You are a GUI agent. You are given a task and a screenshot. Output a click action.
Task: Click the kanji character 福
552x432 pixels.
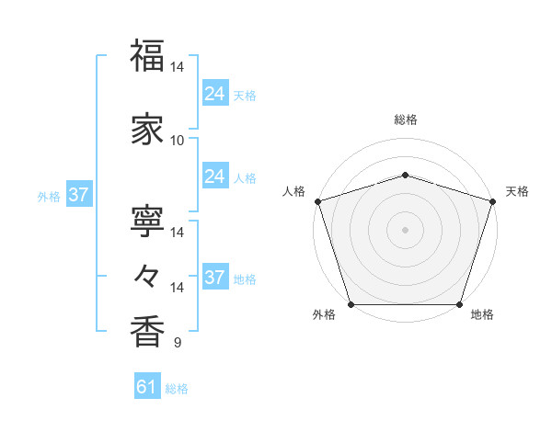(x=147, y=57)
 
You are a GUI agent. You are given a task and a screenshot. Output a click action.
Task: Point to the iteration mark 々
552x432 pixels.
(x=147, y=274)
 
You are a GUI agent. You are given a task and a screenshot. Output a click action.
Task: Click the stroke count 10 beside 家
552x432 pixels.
(x=178, y=140)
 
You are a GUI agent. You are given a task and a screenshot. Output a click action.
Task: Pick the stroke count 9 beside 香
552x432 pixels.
(x=178, y=343)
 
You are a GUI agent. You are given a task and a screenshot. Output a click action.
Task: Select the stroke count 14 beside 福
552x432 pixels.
(x=178, y=67)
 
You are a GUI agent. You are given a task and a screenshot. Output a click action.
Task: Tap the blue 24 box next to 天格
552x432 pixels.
(x=214, y=93)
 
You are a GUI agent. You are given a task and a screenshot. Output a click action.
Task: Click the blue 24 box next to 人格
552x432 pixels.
(x=214, y=176)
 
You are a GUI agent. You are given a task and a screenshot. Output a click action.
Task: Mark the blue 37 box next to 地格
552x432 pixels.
(x=214, y=278)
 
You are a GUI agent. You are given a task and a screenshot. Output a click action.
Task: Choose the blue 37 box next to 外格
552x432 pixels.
(x=78, y=194)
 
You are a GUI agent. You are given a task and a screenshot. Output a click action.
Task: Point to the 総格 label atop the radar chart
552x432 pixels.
(x=405, y=119)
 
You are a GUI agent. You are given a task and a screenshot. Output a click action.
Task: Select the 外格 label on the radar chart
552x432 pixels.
(x=324, y=314)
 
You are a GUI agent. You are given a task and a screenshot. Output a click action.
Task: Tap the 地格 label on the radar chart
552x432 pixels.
(x=482, y=314)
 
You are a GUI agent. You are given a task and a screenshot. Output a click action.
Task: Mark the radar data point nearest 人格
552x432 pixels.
(x=318, y=201)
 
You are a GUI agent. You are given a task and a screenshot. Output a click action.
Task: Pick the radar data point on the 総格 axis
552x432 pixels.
(x=405, y=175)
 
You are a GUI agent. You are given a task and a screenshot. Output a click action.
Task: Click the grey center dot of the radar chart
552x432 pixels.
(x=405, y=229)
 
